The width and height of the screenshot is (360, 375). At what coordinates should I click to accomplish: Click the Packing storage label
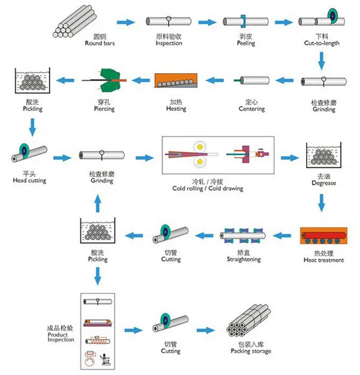(250, 348)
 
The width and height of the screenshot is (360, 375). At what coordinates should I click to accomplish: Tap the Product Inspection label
(61, 334)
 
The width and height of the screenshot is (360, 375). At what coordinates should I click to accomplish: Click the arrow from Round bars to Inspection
(125, 22)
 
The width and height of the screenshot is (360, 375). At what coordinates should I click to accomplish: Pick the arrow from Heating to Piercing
(140, 80)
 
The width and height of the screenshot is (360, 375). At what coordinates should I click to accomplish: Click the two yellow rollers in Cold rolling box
(197, 155)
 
